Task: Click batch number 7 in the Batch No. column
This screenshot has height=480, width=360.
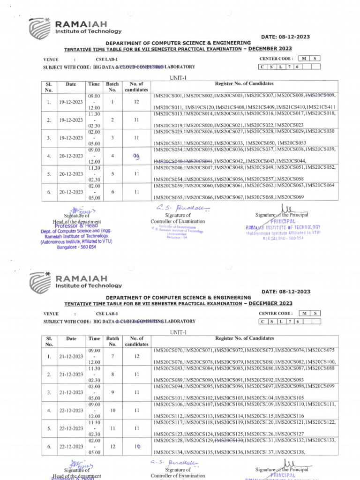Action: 112,357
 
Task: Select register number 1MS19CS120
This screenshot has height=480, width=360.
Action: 199,108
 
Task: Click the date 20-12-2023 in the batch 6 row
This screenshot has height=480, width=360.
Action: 71,191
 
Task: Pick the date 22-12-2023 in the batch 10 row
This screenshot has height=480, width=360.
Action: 71,410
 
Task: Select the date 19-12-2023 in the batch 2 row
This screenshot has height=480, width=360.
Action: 71,120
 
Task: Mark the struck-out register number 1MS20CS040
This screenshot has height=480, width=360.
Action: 168,161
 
